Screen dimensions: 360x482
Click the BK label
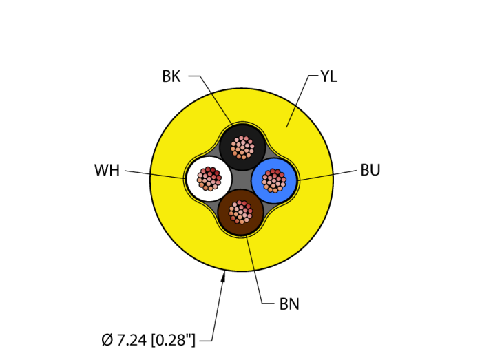(171, 76)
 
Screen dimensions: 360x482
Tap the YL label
(328, 76)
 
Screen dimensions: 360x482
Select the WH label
(107, 171)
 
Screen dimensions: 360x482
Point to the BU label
(370, 171)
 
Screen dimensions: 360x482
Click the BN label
(289, 304)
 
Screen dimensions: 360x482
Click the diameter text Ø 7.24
(125, 339)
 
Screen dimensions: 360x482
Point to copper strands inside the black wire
(242, 147)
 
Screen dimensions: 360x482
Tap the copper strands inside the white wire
(209, 178)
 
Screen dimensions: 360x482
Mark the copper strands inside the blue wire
(274, 180)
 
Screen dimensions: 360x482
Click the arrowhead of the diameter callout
(223, 277)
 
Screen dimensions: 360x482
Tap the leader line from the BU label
(327, 175)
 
